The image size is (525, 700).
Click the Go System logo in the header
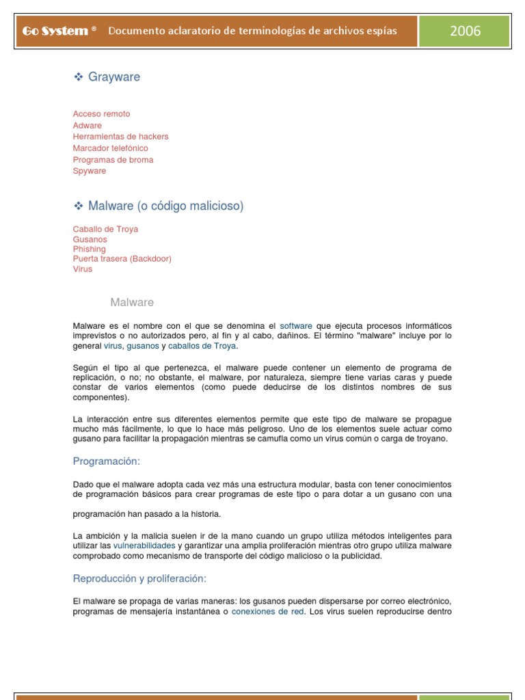point(55,31)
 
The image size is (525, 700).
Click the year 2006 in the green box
point(465,31)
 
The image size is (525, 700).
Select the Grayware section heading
point(113,77)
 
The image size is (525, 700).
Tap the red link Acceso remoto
point(101,114)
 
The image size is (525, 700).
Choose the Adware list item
point(87,126)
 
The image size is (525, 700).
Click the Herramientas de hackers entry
point(120,137)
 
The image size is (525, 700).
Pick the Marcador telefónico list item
point(110,148)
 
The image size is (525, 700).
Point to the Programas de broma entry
point(113,160)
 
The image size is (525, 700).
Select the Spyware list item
point(90,171)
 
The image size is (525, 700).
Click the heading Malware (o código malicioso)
point(165,206)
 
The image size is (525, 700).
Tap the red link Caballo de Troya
point(105,229)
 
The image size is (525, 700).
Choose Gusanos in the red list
point(90,239)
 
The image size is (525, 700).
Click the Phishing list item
point(89,249)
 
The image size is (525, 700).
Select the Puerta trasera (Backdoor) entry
point(122,259)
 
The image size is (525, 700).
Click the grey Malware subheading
point(132,302)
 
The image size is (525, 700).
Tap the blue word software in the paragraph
point(296,326)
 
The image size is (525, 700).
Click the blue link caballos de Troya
point(202,347)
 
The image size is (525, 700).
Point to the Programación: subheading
point(106,461)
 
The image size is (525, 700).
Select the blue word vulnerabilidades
point(144,546)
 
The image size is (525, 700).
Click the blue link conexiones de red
point(267,612)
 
